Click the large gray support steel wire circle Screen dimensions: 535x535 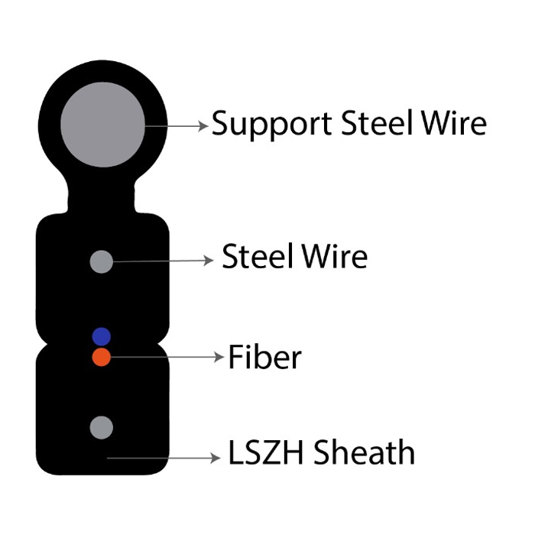[102, 125]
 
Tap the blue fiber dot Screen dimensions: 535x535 [102, 336]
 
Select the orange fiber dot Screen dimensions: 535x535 [102, 357]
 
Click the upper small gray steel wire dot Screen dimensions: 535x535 [102, 261]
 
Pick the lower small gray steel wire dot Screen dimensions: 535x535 [102, 427]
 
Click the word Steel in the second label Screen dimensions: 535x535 [255, 258]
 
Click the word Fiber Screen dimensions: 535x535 [264, 357]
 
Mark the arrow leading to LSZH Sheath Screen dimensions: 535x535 [164, 459]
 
